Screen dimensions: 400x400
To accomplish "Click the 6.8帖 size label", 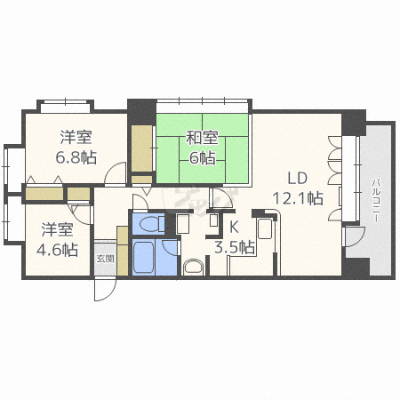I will pos(76,157).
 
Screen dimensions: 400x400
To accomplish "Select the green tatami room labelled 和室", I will pos(203,148).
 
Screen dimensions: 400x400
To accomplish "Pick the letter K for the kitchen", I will pos(235,227).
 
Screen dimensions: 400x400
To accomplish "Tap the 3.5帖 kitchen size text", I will pos(235,246).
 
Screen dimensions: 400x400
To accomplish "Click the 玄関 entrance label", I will pos(105,258).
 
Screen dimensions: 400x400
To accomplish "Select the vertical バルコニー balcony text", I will pos(377,201).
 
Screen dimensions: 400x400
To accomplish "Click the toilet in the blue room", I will pos(148,222).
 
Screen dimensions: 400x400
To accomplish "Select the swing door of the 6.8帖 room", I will pos(113,174).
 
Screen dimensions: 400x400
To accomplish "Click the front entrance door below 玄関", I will pos(106,288).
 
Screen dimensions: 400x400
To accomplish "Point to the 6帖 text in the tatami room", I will pos(202,158).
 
